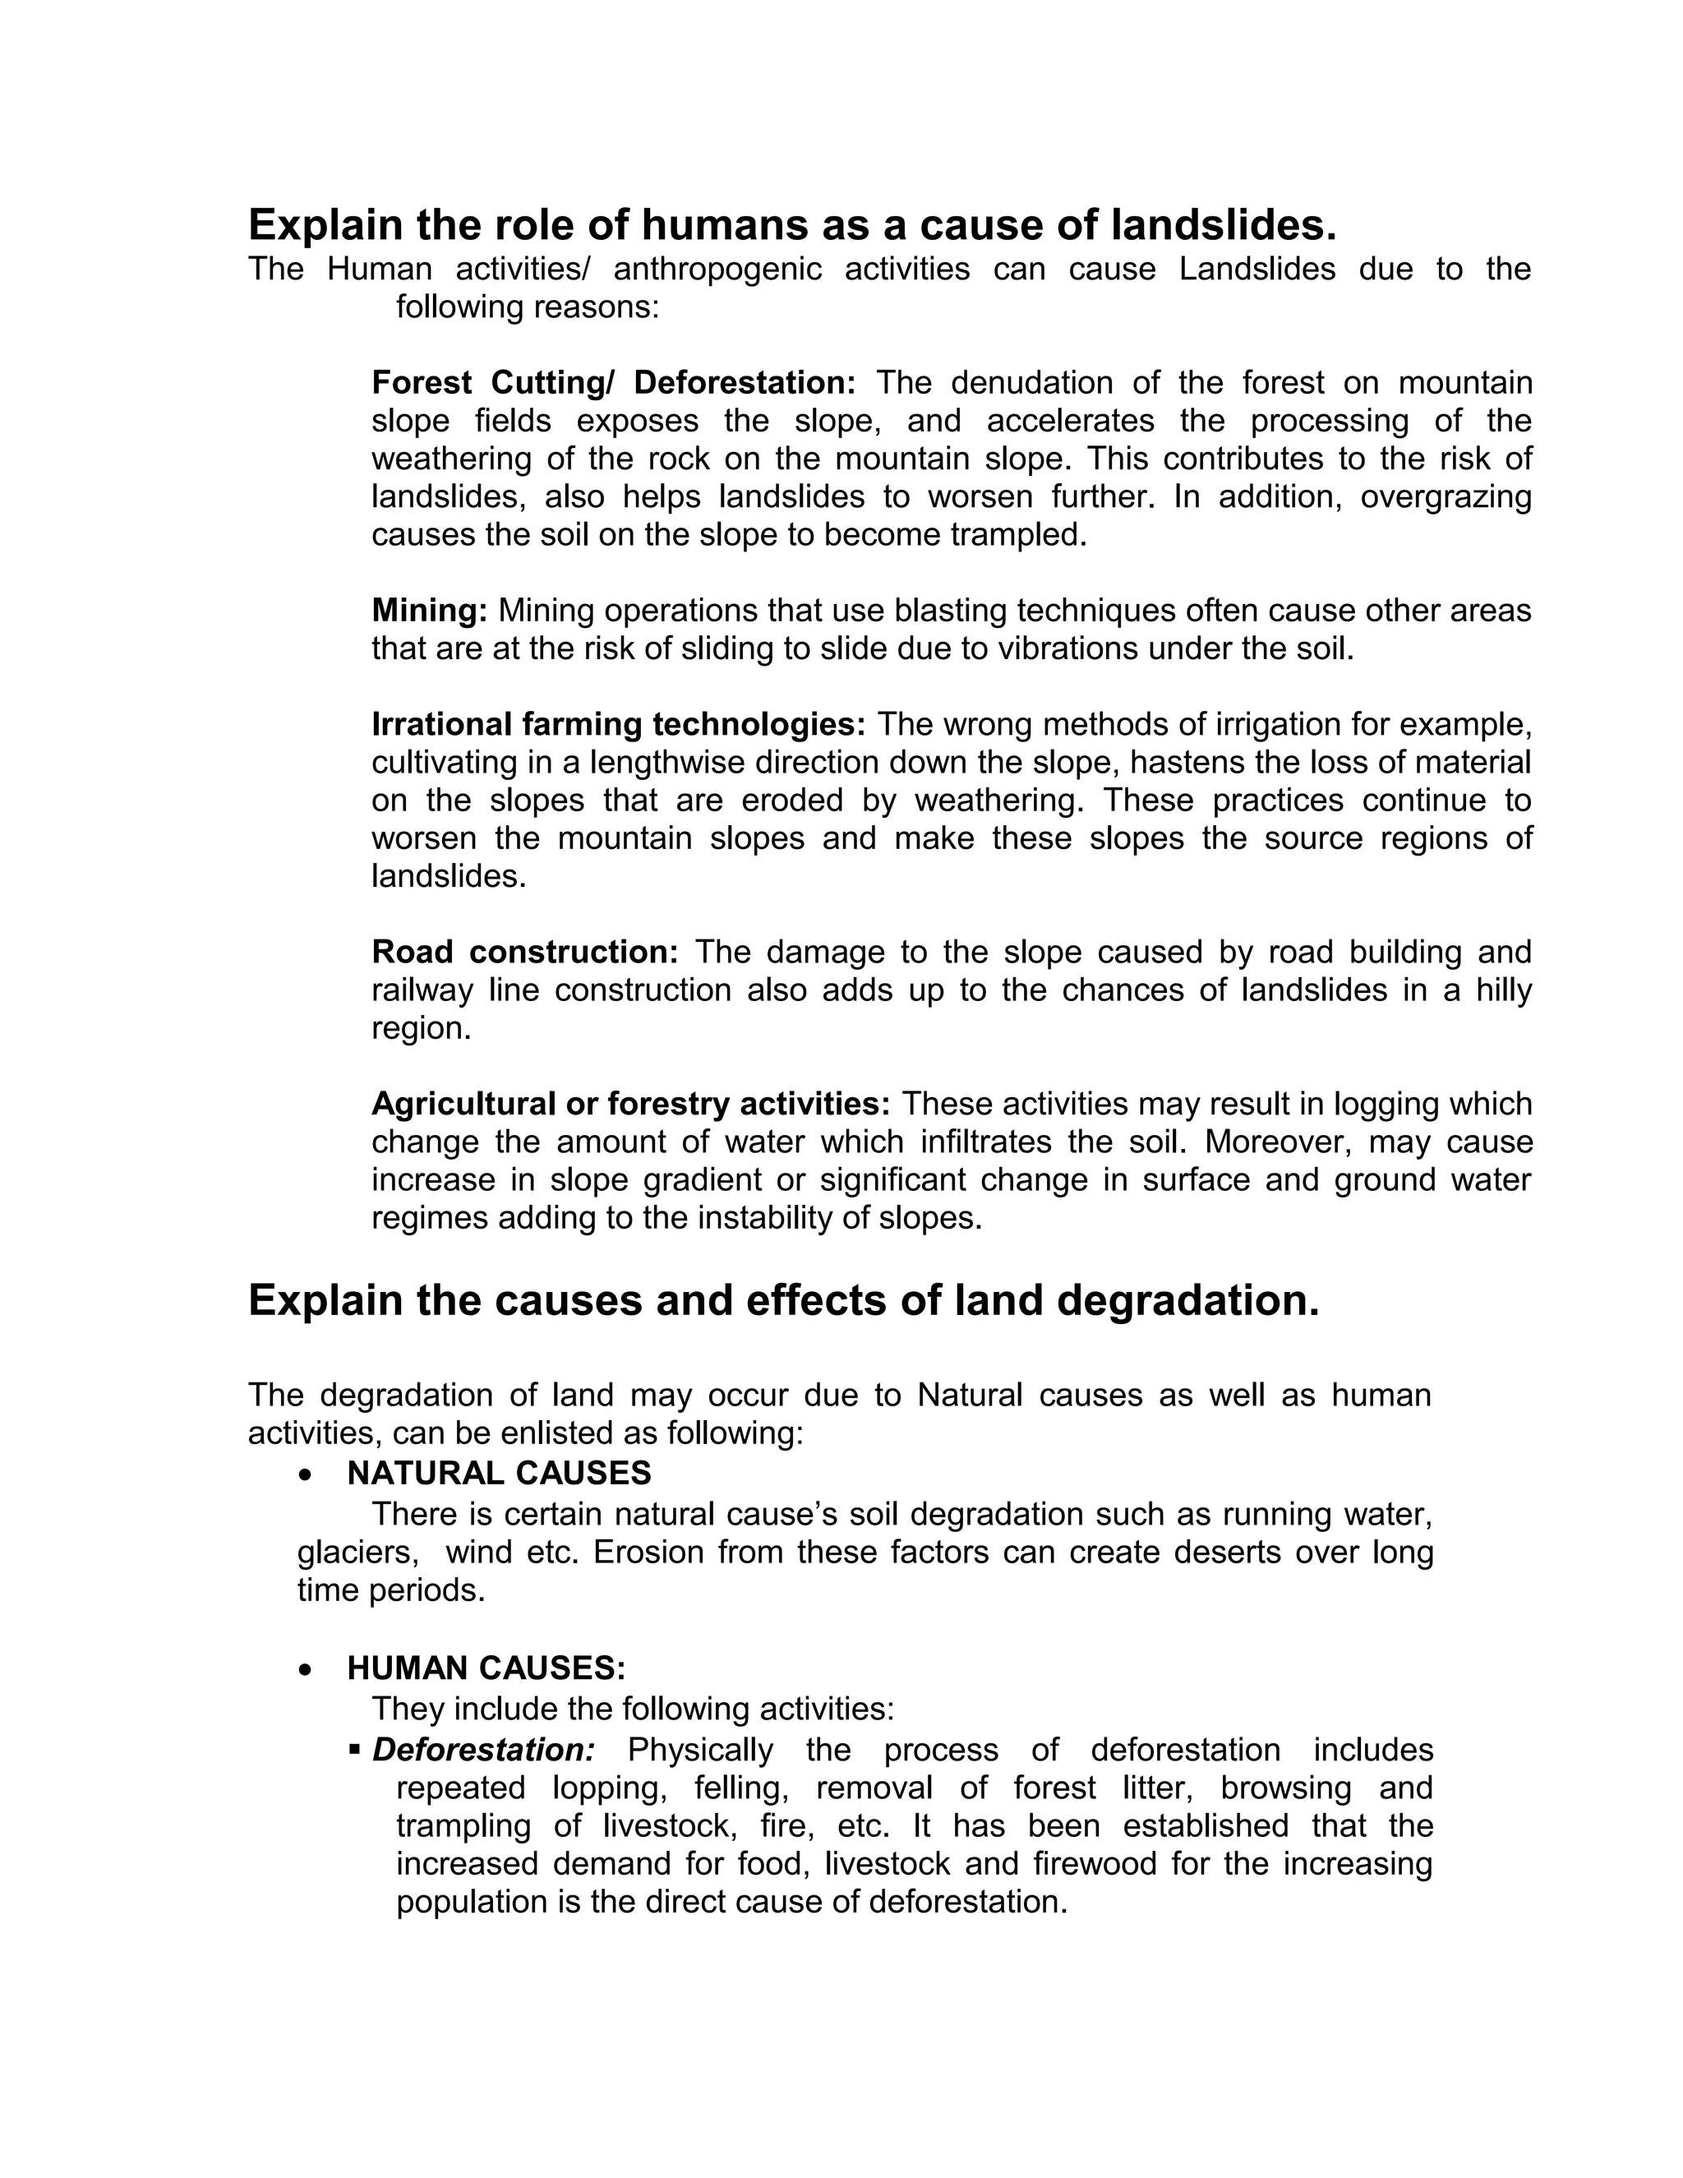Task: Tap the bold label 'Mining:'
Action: click(430, 611)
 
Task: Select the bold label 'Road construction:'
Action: click(524, 953)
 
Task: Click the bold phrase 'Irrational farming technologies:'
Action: click(618, 724)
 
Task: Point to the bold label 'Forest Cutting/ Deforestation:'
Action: click(613, 383)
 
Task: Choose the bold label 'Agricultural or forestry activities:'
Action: click(630, 1104)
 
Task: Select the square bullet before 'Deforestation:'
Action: click(355, 1749)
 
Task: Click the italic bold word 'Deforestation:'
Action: click(483, 1750)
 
